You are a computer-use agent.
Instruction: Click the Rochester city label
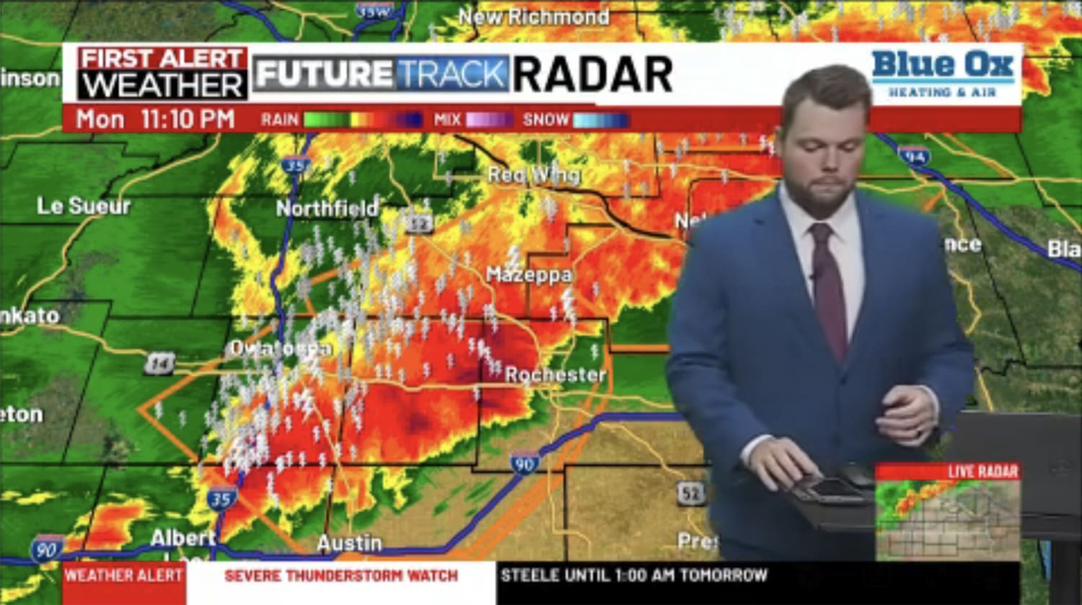555,374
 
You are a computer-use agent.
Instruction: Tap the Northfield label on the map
327,208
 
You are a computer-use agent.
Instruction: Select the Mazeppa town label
529,275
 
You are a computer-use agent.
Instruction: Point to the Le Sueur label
84,206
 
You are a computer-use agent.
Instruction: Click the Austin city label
350,542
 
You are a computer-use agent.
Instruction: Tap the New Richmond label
534,17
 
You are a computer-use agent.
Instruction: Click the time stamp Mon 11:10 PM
155,119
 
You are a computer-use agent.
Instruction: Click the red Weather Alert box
123,575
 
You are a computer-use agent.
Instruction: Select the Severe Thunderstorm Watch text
341,575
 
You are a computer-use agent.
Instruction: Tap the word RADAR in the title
593,74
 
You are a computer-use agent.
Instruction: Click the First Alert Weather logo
162,74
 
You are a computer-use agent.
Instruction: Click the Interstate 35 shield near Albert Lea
221,498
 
